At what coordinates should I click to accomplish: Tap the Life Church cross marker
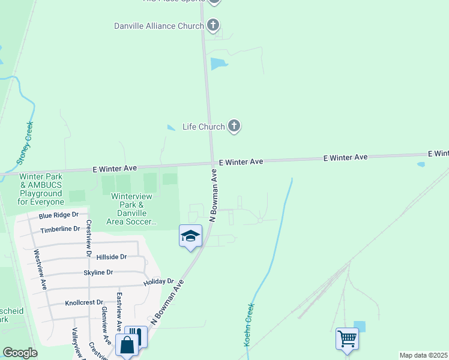[x=234, y=126]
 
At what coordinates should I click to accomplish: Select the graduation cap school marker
[x=190, y=235]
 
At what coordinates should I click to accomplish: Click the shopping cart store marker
[x=347, y=338]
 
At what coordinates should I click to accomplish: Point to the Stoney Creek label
[x=24, y=143]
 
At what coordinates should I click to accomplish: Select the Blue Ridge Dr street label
[x=58, y=215]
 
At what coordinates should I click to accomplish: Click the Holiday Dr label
[x=158, y=281]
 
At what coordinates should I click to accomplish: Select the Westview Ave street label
[x=41, y=269]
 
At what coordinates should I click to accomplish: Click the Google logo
[x=20, y=353]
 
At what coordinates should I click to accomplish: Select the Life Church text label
[x=203, y=127]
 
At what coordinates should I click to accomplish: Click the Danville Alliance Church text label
[x=158, y=26]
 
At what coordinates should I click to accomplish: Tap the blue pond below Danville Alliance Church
[x=219, y=63]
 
